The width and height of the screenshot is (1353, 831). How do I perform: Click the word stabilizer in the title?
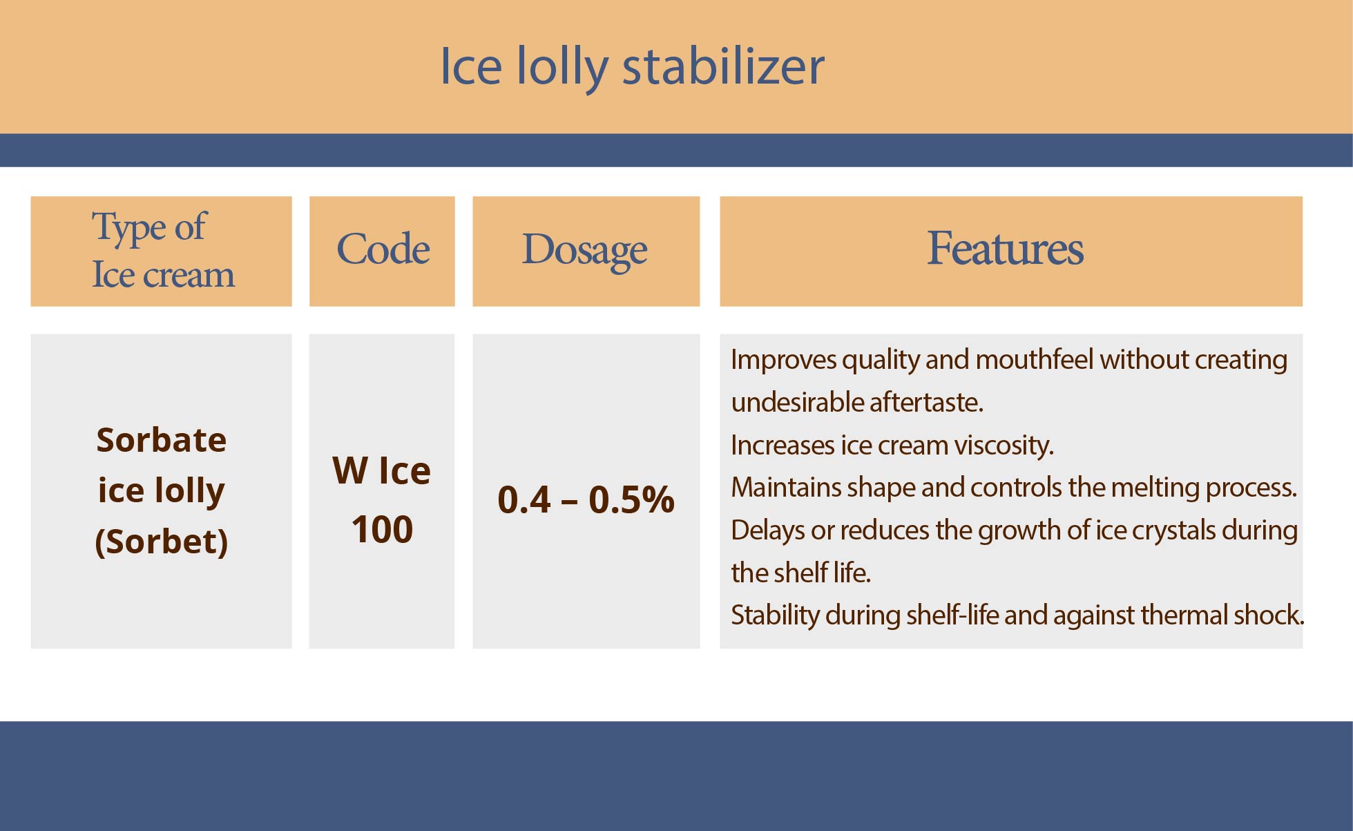click(x=723, y=66)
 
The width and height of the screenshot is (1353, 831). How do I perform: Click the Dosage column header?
click(x=584, y=250)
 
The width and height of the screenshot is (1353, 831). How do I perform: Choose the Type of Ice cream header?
click(x=163, y=250)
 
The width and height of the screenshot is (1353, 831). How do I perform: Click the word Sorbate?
click(x=162, y=439)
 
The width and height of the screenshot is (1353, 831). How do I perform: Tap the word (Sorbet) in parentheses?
click(x=162, y=541)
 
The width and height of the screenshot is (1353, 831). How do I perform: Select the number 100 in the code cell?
click(x=382, y=530)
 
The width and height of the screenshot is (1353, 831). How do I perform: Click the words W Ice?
click(x=381, y=471)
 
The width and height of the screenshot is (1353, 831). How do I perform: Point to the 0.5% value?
click(x=631, y=499)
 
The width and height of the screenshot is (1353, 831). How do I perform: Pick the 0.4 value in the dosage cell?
click(x=524, y=499)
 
